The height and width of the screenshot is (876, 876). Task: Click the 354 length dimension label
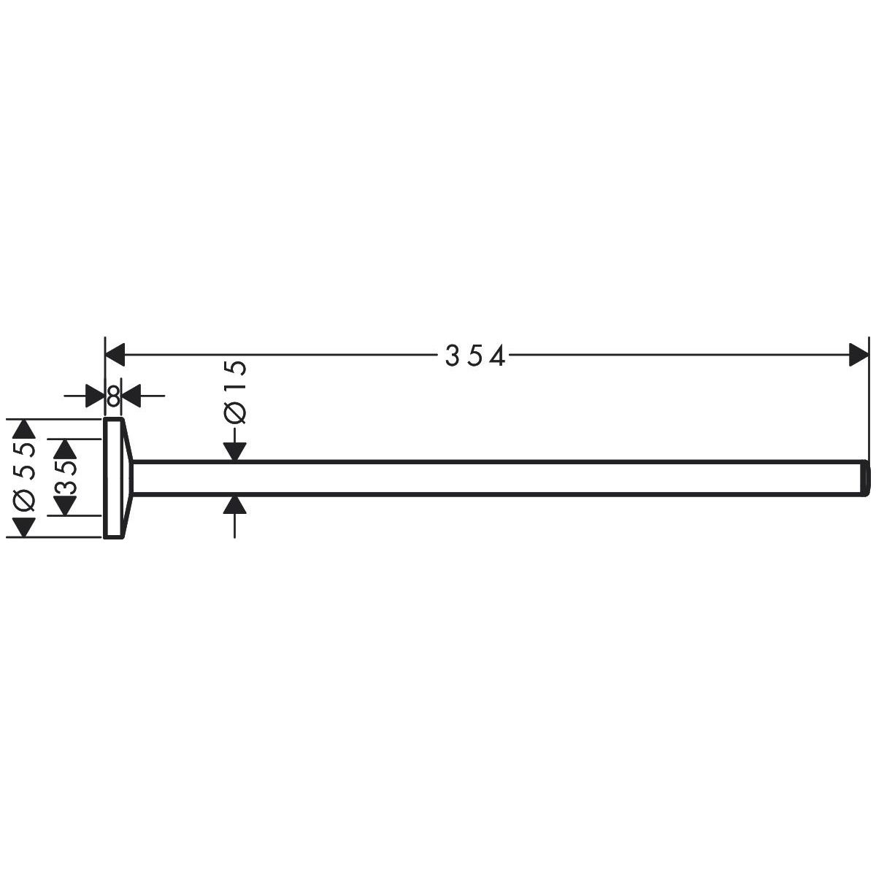(x=474, y=356)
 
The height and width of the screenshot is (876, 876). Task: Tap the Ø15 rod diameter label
(x=236, y=392)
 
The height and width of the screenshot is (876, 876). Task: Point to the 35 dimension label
(x=66, y=477)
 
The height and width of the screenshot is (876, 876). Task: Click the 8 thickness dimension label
(x=114, y=396)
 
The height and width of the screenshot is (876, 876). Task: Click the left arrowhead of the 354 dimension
(x=115, y=355)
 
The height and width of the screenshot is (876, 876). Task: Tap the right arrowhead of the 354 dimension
(x=858, y=355)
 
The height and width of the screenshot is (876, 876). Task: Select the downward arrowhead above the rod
(x=234, y=451)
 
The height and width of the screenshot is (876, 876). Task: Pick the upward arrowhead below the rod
(x=234, y=504)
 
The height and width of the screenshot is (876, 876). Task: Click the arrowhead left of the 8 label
(x=96, y=396)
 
